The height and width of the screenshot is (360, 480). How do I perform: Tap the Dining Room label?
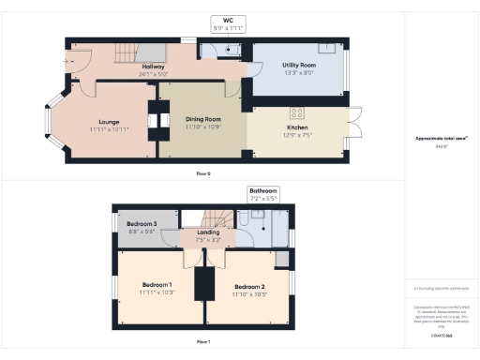[x=202, y=120]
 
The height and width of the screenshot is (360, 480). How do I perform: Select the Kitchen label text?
[x=297, y=127]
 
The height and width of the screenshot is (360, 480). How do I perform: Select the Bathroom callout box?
[x=262, y=194]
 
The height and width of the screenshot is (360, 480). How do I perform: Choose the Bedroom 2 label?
[x=249, y=287]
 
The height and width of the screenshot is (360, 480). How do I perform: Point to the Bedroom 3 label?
[x=141, y=225]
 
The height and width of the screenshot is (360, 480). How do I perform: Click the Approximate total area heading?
[x=441, y=138]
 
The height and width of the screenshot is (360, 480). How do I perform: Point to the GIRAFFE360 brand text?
[x=441, y=334]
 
